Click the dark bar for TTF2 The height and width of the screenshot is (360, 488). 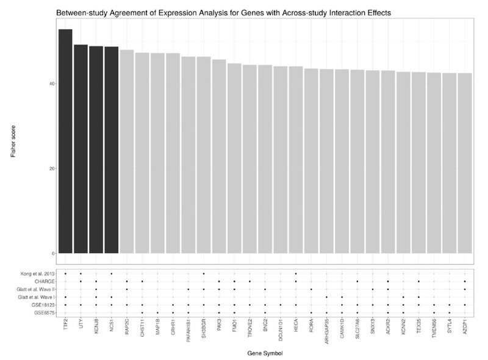[x=65, y=141]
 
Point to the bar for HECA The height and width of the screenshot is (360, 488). [x=296, y=159]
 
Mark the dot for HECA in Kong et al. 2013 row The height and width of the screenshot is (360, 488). [x=296, y=273]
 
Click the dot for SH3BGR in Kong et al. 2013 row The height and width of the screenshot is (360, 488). [x=204, y=273]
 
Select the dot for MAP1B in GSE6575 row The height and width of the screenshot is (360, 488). [x=157, y=312]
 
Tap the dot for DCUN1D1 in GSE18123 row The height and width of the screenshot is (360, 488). [x=281, y=304]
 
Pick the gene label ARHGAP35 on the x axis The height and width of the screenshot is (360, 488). [x=326, y=331]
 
